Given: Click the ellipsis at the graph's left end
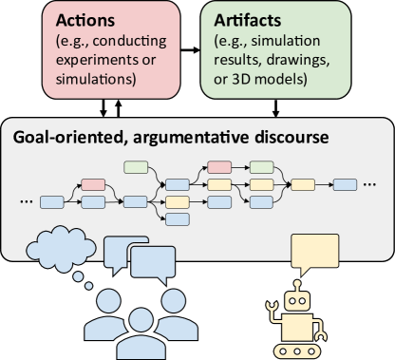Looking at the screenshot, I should point(25,201).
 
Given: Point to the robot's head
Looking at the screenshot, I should point(297,302).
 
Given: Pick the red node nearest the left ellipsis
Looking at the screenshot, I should point(94,184).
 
